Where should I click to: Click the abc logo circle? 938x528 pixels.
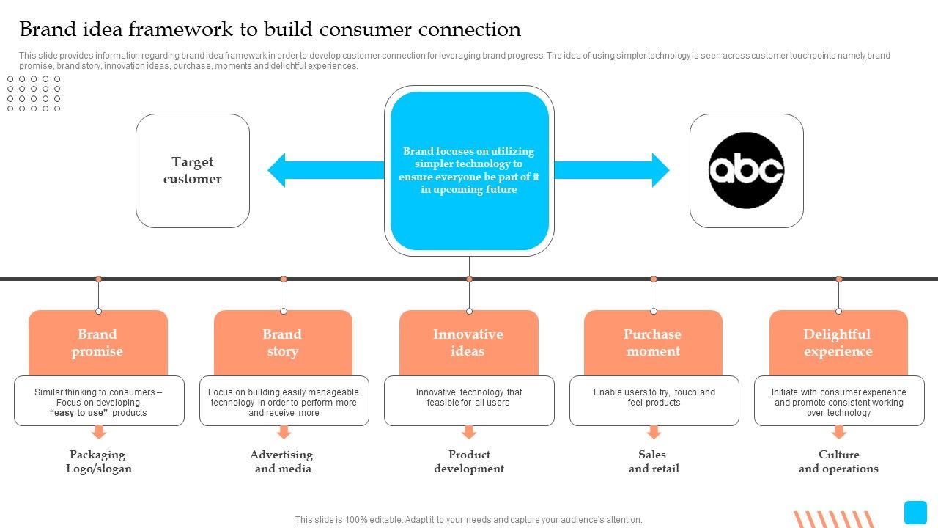point(746,170)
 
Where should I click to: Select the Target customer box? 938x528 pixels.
point(193,171)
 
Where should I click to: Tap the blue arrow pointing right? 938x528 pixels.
point(612,170)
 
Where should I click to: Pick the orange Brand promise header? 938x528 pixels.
point(97,342)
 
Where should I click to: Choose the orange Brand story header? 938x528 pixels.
point(283,342)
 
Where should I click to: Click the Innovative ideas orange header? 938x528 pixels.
point(468,342)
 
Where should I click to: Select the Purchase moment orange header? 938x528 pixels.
point(653,342)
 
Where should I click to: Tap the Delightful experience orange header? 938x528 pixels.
point(838,342)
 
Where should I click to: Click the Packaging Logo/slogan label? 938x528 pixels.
point(98,461)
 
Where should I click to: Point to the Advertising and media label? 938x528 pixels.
point(283,461)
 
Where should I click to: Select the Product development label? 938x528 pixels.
point(469,461)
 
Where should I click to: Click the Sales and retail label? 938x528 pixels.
point(654,461)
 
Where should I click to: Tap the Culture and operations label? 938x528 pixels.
point(838,461)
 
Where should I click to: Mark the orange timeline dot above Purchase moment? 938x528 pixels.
point(654,279)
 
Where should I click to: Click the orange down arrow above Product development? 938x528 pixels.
point(469,432)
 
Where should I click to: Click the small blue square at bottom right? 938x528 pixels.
point(915,512)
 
